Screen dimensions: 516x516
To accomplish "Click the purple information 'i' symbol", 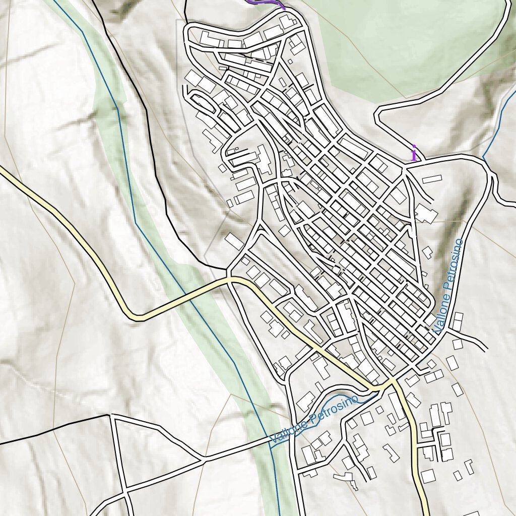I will [x=414, y=153].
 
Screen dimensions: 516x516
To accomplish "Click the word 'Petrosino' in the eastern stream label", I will [x=453, y=265].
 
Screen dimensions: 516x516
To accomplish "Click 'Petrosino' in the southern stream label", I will [x=335, y=409].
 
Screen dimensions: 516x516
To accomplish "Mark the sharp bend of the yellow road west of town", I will [x=137, y=317].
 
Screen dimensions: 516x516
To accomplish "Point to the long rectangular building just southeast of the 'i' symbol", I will [x=432, y=179].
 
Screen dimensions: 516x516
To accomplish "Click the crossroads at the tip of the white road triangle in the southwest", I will [x=204, y=459].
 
